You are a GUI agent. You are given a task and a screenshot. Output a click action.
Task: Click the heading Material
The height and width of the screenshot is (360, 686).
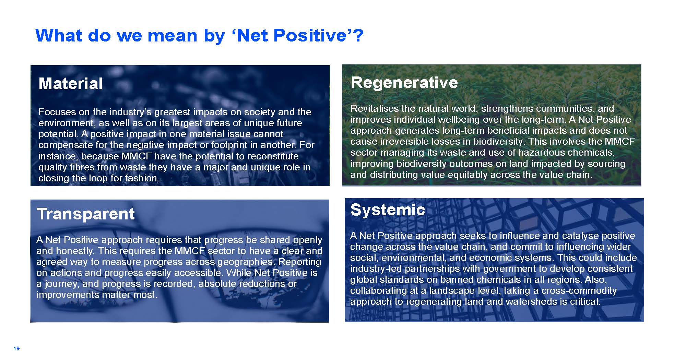click(x=71, y=83)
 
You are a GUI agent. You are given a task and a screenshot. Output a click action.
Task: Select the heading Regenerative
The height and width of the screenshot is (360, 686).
click(x=404, y=83)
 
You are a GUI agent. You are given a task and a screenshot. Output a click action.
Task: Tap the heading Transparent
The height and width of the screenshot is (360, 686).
click(x=86, y=214)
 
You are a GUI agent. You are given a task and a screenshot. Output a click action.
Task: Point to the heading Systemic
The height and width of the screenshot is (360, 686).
click(x=388, y=209)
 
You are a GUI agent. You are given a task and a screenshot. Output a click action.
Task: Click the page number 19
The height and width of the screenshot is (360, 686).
click(x=16, y=348)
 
